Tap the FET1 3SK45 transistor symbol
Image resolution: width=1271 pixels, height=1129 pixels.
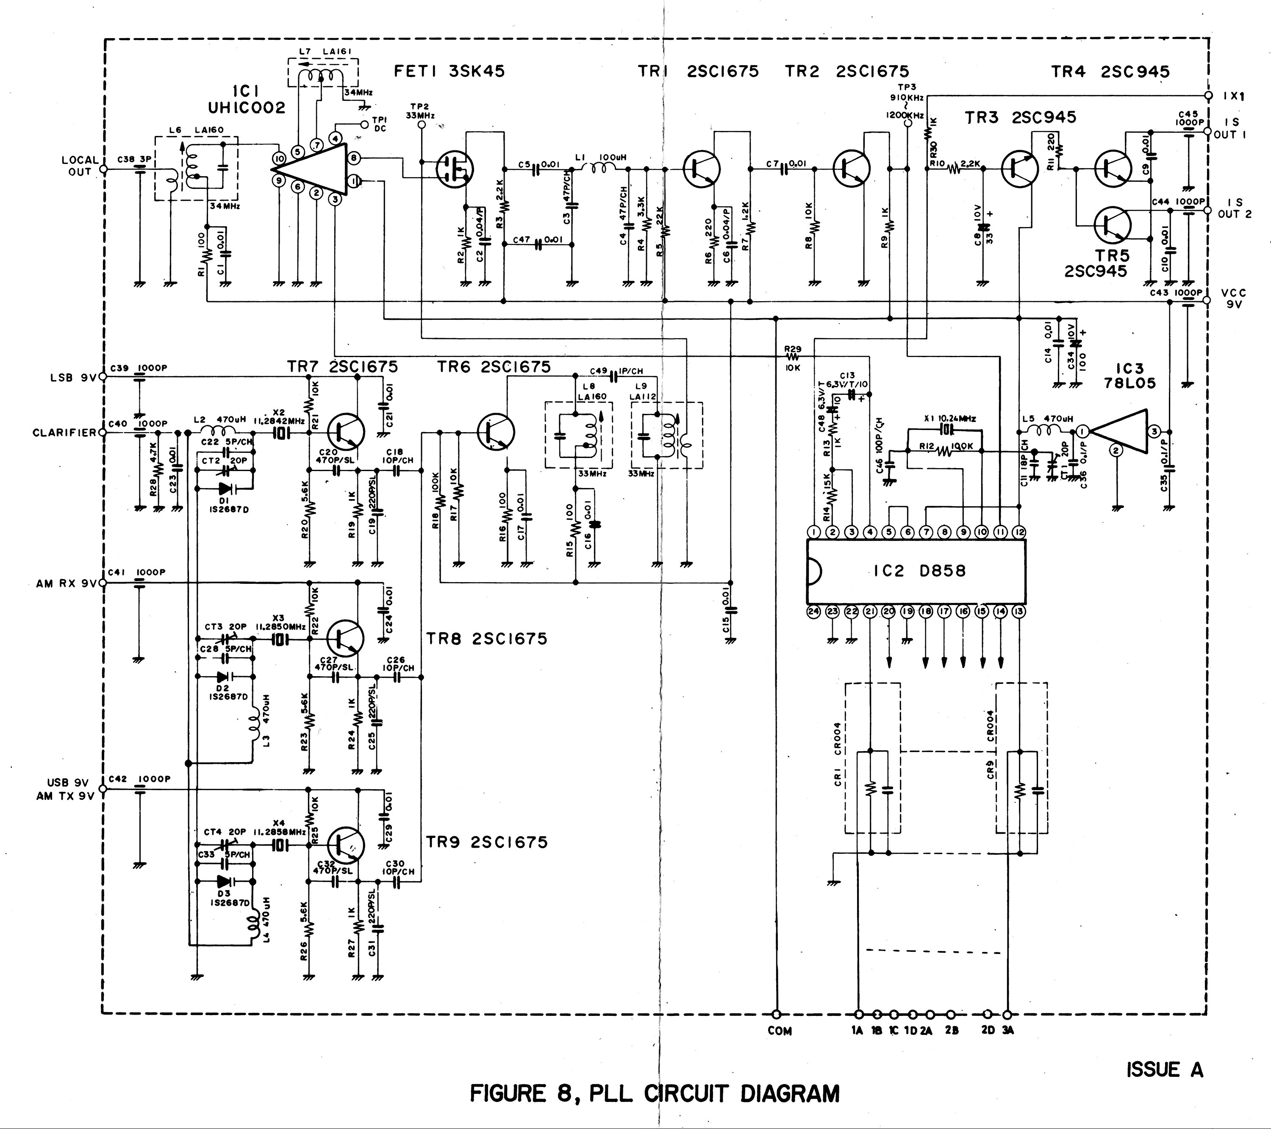tap(454, 168)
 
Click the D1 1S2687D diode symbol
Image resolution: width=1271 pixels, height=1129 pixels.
tap(225, 488)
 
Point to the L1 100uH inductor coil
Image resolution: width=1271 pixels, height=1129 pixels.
tap(602, 168)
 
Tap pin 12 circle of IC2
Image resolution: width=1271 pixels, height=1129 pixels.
tap(1018, 532)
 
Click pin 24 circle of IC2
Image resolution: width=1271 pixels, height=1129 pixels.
tap(813, 612)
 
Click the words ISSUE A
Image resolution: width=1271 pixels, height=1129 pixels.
tap(1164, 1070)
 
